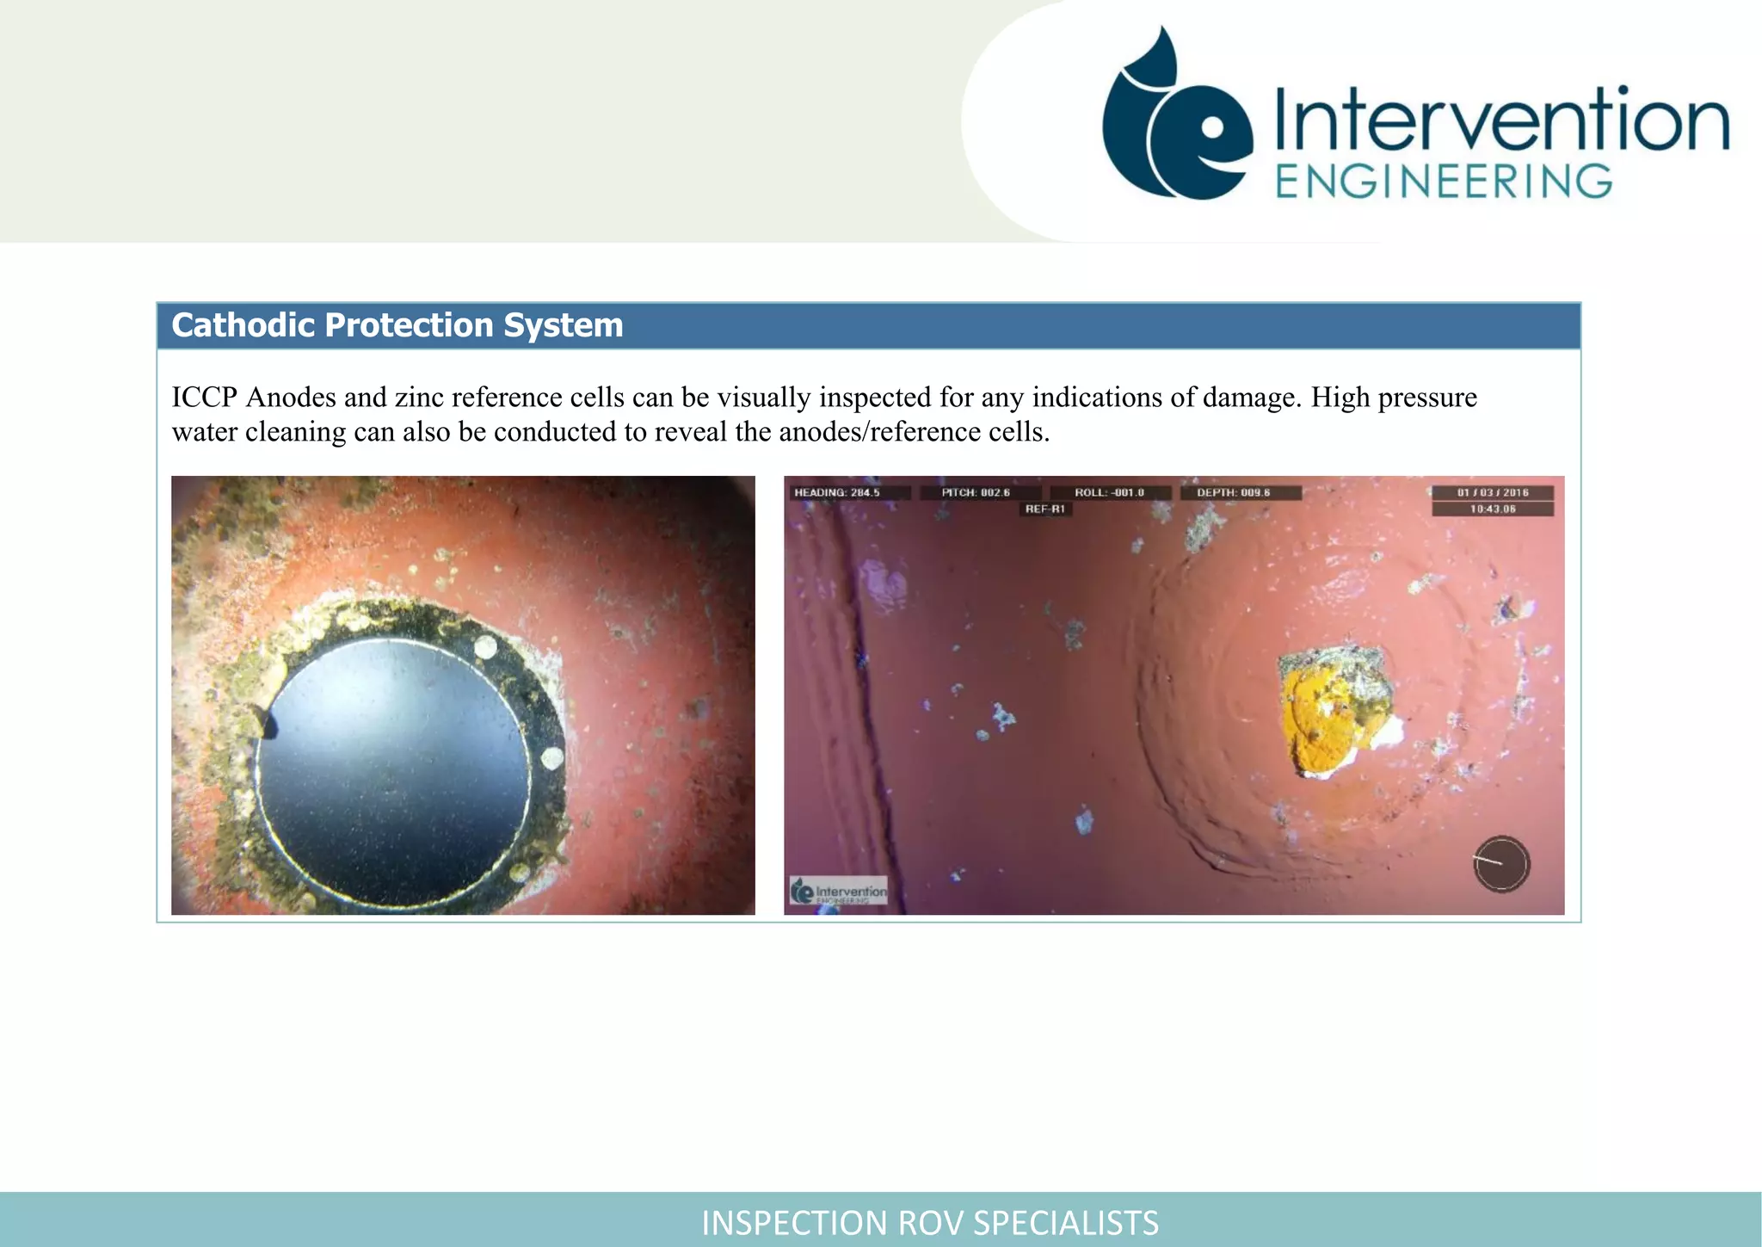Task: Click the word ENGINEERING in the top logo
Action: pyautogui.click(x=1444, y=182)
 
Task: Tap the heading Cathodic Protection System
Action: pyautogui.click(x=397, y=325)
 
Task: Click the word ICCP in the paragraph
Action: pyautogui.click(x=205, y=398)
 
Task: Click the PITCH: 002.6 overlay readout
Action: pyautogui.click(x=976, y=493)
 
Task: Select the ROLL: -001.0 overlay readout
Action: pyautogui.click(x=1110, y=493)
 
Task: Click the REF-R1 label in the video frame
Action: pyautogui.click(x=1045, y=509)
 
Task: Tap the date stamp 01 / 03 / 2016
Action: pyautogui.click(x=1493, y=493)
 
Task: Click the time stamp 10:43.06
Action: pyautogui.click(x=1493, y=509)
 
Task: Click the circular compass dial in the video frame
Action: pyautogui.click(x=1501, y=863)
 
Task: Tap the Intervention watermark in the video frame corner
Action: pyautogui.click(x=839, y=892)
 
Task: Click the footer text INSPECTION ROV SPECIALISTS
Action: pyautogui.click(x=930, y=1222)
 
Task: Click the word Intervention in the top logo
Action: pyautogui.click(x=1501, y=120)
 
